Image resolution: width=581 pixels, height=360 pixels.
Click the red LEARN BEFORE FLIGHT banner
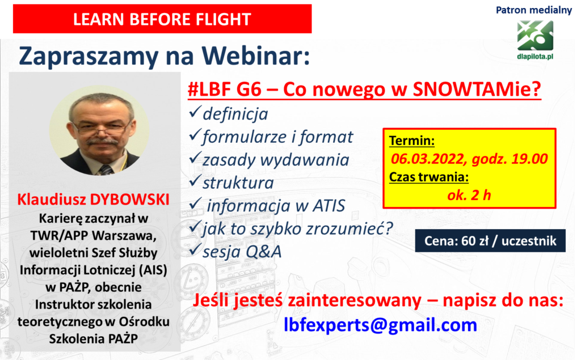coord(162,19)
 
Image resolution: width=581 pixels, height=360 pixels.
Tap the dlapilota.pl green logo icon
coord(535,36)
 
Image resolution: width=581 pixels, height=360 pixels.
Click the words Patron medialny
coord(533,10)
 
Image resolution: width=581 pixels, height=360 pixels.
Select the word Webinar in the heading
coord(256,56)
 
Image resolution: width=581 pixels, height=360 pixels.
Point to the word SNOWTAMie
coord(477,89)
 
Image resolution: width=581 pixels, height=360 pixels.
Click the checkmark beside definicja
coord(195,112)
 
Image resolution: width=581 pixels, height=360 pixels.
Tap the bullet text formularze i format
coord(277,137)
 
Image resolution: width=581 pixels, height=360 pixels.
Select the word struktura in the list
coord(238,183)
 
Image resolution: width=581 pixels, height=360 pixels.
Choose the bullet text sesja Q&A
coord(242,252)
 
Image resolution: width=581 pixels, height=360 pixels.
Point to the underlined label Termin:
coord(412,141)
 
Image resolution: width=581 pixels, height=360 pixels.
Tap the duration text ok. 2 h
coord(469,195)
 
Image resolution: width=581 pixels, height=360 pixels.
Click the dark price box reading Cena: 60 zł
coord(490,241)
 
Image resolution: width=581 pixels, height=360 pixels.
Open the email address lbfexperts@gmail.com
coord(380,325)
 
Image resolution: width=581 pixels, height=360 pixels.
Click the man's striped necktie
coord(106,170)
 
